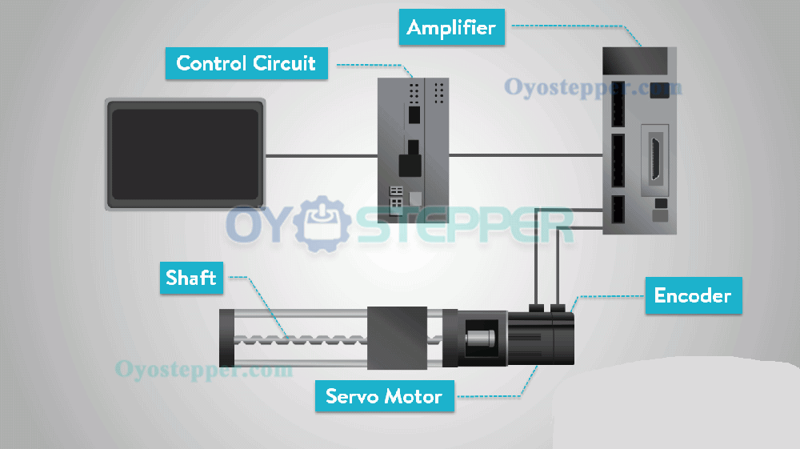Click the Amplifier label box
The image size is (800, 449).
point(450,28)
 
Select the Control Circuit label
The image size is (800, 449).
point(246,63)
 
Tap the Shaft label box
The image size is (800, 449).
point(191,278)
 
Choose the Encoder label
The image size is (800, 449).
point(693,295)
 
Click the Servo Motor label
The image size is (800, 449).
point(384,396)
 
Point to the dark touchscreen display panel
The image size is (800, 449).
point(185,154)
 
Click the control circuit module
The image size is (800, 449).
point(414,147)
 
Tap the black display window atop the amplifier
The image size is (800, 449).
point(635,58)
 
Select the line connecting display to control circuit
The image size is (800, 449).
point(321,155)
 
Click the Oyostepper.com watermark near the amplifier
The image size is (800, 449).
point(593,86)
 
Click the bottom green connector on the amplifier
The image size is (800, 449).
point(618,210)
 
